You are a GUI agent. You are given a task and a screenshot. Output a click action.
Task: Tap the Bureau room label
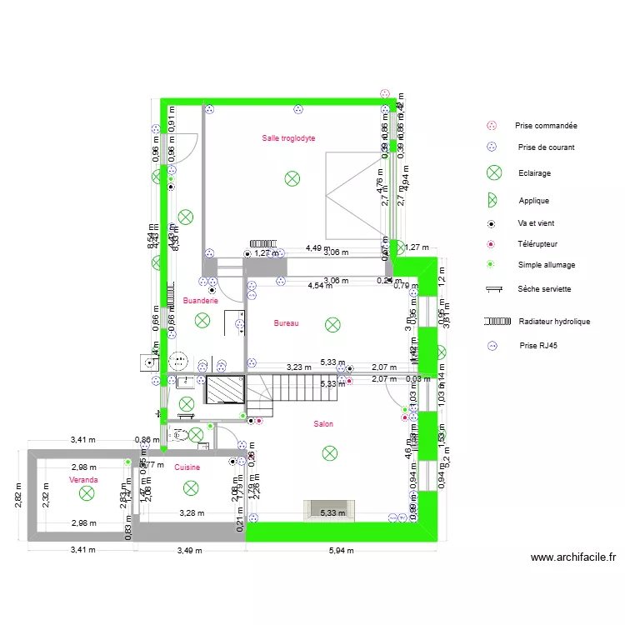286,323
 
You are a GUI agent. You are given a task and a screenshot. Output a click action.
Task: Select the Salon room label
323,424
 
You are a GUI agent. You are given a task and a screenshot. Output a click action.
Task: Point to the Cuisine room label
187,467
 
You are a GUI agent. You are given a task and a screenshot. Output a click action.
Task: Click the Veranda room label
83,481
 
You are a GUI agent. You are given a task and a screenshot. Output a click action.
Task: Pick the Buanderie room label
200,301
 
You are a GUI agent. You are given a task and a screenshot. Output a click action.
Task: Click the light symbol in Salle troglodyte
292,177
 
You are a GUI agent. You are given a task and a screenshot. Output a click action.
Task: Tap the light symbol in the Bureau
332,323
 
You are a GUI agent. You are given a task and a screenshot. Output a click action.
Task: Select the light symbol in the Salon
330,453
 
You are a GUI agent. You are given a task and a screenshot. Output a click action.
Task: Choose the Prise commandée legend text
546,126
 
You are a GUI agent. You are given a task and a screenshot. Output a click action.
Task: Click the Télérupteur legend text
537,244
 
